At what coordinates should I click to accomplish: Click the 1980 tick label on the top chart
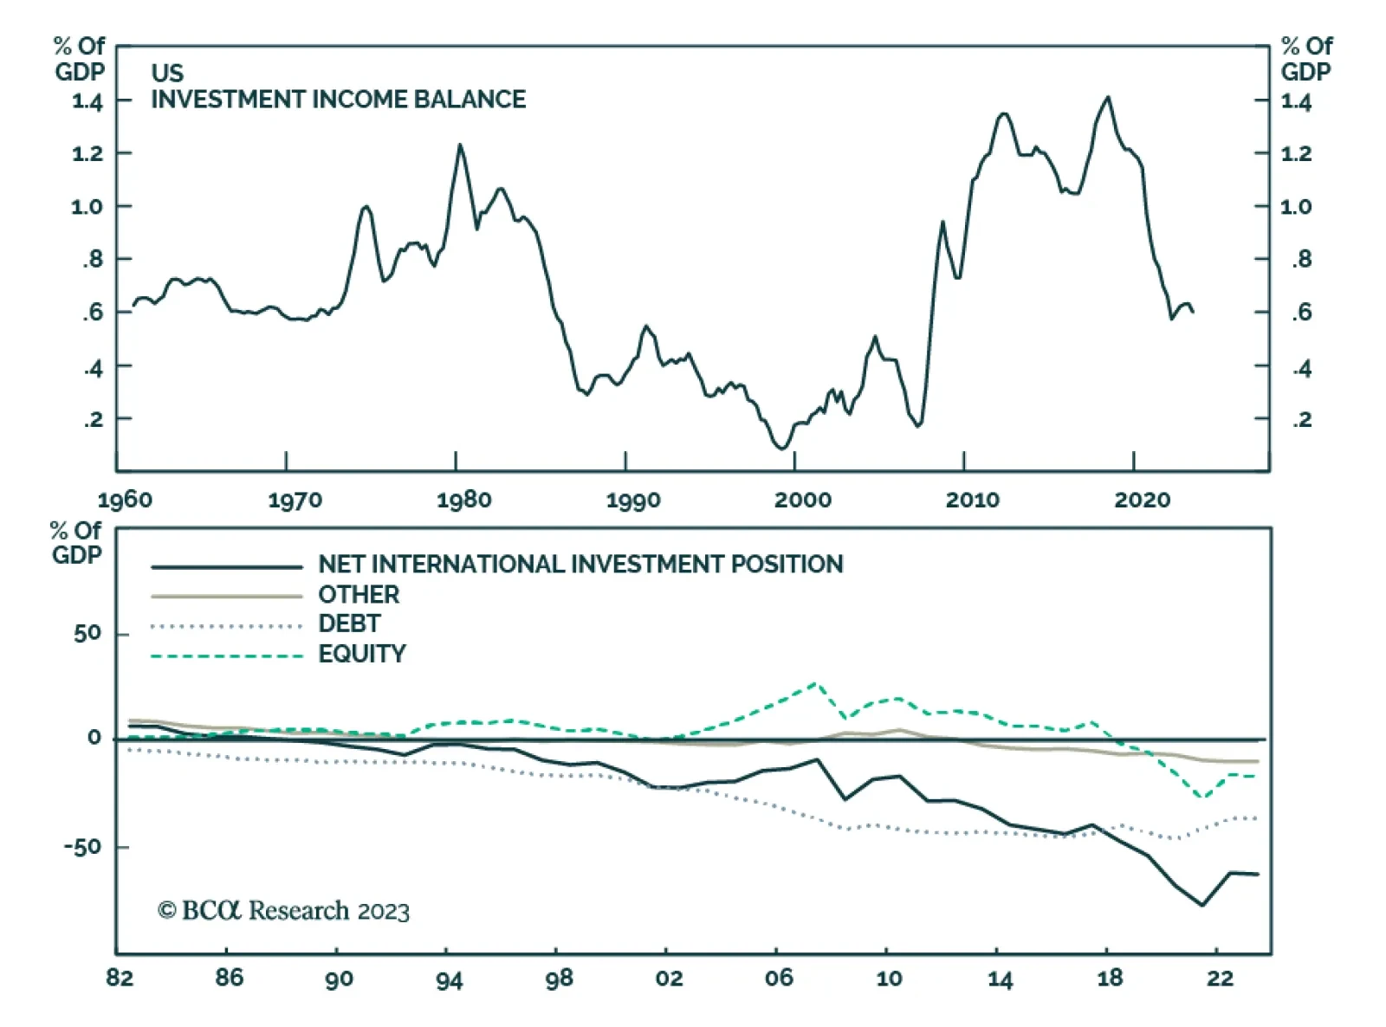coord(463,500)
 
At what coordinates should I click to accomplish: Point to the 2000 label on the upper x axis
coord(802,500)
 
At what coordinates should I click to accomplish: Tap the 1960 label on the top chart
coord(125,500)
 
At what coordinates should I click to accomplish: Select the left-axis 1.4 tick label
coord(87,102)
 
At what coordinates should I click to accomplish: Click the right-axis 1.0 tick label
coord(1296,207)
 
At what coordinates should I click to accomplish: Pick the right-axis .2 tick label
coord(1301,420)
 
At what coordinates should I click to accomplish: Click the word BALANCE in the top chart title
coord(470,100)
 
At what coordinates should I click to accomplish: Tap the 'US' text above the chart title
coord(167,73)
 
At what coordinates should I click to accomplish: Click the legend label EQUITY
coord(362,654)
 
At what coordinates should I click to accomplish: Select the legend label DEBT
coord(349,623)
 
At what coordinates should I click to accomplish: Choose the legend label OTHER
coord(359,595)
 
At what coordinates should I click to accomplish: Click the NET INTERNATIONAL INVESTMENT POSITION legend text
coord(580,565)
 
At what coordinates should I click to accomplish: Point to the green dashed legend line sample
coord(226,656)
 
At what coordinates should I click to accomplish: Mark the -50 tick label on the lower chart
coord(82,847)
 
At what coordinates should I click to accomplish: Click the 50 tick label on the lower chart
coord(87,634)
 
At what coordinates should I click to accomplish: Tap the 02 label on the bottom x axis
coord(669,979)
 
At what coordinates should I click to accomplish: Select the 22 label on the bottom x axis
coord(1220,979)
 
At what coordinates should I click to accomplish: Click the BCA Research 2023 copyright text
coord(283,911)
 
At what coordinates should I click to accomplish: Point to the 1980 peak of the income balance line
coord(460,145)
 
